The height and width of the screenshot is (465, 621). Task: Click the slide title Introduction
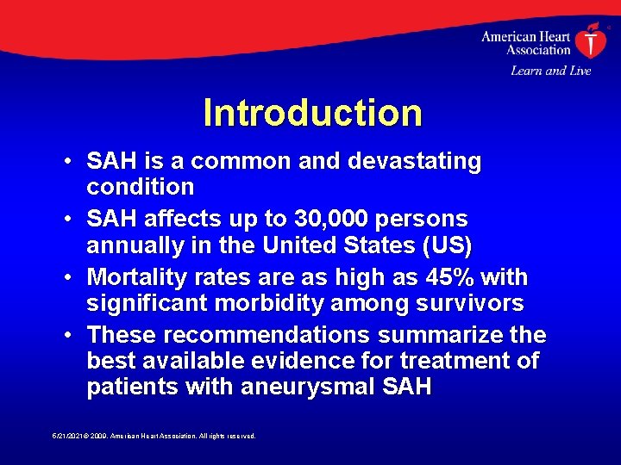[312, 113]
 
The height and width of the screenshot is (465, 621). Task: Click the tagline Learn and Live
[550, 71]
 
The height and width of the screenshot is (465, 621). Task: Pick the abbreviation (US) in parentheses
[443, 247]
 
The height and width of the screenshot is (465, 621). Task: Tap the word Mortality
[141, 278]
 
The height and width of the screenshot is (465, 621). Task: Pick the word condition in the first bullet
[141, 187]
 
